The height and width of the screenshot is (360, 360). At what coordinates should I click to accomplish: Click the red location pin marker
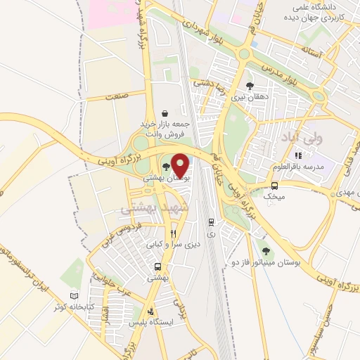(x=180, y=164)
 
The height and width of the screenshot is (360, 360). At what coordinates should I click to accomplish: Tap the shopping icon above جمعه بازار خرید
(x=165, y=113)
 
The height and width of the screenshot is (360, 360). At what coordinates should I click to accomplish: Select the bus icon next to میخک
(x=274, y=186)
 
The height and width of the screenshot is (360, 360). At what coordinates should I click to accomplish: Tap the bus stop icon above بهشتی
(x=157, y=267)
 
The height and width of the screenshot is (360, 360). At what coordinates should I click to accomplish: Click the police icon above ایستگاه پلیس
(x=150, y=311)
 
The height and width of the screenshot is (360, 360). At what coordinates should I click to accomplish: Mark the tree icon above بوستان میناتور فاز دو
(x=265, y=250)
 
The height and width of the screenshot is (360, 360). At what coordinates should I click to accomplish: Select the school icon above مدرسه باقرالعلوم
(x=298, y=155)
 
